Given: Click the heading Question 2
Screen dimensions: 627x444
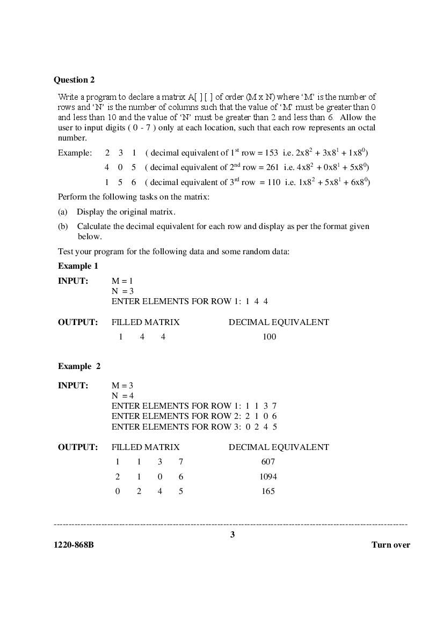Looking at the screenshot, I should pyautogui.click(x=74, y=80).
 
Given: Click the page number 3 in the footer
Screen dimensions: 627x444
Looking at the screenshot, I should pyautogui.click(x=232, y=534).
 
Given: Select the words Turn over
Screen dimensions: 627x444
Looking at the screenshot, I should pyautogui.click(x=390, y=545).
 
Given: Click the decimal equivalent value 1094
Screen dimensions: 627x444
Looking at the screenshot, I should pyautogui.click(x=268, y=476).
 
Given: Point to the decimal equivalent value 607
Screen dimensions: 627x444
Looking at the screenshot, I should pyautogui.click(x=268, y=462).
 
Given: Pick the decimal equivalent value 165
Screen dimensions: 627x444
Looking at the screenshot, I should pyautogui.click(x=268, y=491).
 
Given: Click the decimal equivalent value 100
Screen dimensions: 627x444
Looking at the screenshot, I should pyautogui.click(x=269, y=337).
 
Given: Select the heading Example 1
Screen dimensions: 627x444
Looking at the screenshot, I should pyautogui.click(x=78, y=266).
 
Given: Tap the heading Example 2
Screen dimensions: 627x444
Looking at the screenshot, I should pyautogui.click(x=79, y=366).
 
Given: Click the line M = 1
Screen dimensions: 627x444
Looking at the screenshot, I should pyautogui.click(x=122, y=281).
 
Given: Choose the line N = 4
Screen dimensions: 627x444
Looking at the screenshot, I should pyautogui.click(x=122, y=396).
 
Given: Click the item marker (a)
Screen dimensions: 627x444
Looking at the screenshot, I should pyautogui.click(x=63, y=212).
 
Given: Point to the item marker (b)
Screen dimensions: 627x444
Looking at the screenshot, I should pyautogui.click(x=63, y=226).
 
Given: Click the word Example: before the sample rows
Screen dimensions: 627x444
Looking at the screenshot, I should pyautogui.click(x=75, y=153).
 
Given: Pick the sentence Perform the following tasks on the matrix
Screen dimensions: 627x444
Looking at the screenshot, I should pyautogui.click(x=134, y=197).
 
